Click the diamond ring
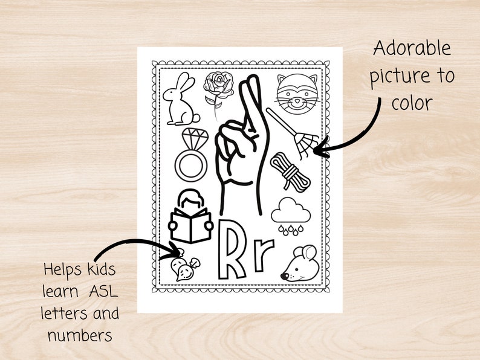point(192,154)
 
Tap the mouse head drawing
point(299,265)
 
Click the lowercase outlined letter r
point(263,256)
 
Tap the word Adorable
point(412,48)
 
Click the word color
point(412,103)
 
